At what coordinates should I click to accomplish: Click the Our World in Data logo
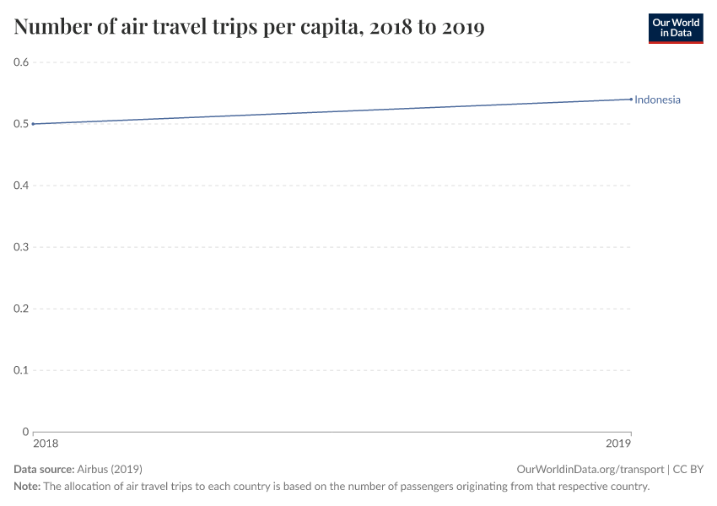675,28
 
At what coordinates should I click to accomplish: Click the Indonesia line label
657,100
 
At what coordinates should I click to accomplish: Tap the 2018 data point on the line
33,124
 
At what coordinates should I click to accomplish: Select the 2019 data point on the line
631,100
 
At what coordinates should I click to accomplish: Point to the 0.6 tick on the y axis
21,62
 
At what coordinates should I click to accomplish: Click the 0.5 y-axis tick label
21,124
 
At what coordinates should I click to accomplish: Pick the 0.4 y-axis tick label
21,186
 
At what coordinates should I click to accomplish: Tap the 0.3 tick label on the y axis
21,247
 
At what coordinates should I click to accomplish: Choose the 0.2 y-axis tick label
21,309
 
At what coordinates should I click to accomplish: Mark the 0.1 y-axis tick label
21,370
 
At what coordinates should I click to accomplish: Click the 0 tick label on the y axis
25,432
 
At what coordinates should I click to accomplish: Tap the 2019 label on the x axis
618,444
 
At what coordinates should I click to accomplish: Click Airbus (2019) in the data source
109,469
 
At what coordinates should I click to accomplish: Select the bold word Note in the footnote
26,487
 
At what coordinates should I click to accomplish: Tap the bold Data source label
43,469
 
